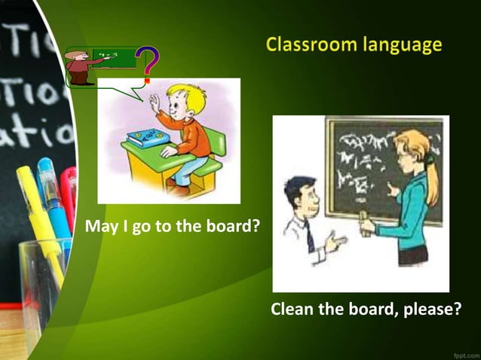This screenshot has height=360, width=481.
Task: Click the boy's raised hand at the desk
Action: pos(155,102)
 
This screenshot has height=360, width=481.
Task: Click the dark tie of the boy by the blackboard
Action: pos(310,236)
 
